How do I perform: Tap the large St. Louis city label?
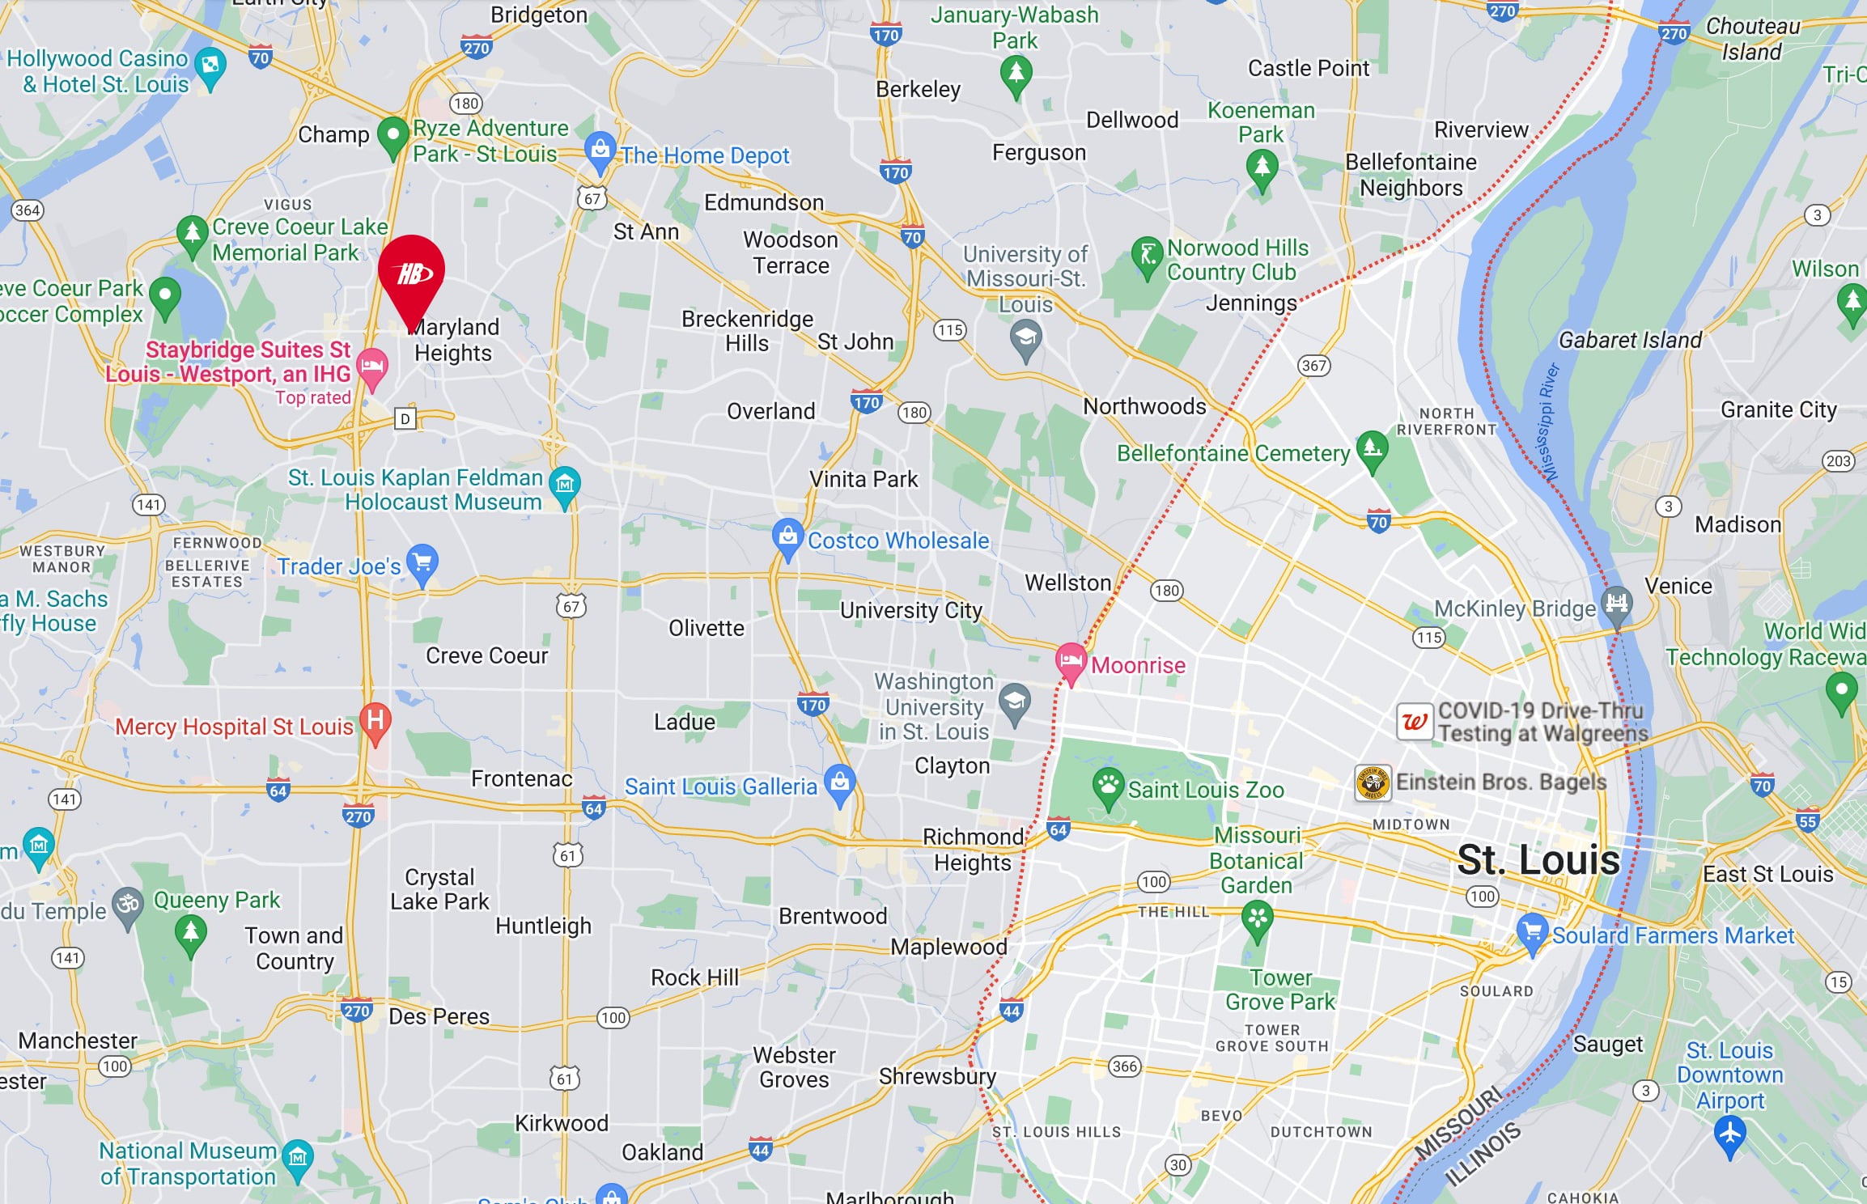click(1538, 859)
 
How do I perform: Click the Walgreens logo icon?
click(1415, 721)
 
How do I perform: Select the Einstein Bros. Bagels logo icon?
click(1373, 782)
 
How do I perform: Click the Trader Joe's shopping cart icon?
click(422, 561)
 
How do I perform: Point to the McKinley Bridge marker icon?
click(1616, 603)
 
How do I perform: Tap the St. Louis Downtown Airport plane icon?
click(1729, 1133)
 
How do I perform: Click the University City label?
click(910, 610)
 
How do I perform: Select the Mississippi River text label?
click(1549, 422)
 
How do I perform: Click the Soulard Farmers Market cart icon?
click(1532, 931)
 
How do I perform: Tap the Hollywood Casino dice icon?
click(210, 64)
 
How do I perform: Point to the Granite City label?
click(1778, 409)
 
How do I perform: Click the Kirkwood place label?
click(561, 1123)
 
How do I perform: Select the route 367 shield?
click(1313, 366)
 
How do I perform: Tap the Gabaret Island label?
click(1630, 340)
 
